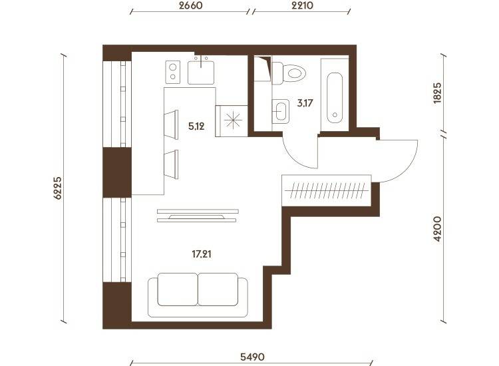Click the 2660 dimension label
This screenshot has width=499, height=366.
coord(190,5)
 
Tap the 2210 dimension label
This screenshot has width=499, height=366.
coord(302,5)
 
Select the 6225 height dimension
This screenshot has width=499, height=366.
coord(58,188)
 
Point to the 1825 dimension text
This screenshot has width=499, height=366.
coord(438,93)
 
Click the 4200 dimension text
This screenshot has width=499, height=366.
coord(438,229)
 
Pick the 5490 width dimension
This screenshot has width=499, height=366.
coord(252,357)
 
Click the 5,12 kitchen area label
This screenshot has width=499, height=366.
coord(196,126)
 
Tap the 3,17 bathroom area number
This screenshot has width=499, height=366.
coord(305,103)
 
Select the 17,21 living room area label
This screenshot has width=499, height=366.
coord(202,254)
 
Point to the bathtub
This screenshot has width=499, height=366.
coord(335,97)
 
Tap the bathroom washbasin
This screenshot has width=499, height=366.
coord(281,111)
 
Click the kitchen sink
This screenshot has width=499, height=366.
coord(201,73)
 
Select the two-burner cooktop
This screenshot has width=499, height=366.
coord(173,73)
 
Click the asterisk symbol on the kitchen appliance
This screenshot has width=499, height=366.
coord(233,120)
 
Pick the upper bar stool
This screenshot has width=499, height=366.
coord(171,124)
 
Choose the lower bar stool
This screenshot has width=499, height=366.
coord(171,164)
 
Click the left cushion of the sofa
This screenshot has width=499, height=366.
coord(178,289)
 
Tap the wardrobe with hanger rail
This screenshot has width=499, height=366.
coord(327,190)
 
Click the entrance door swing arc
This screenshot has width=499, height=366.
coord(411,166)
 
